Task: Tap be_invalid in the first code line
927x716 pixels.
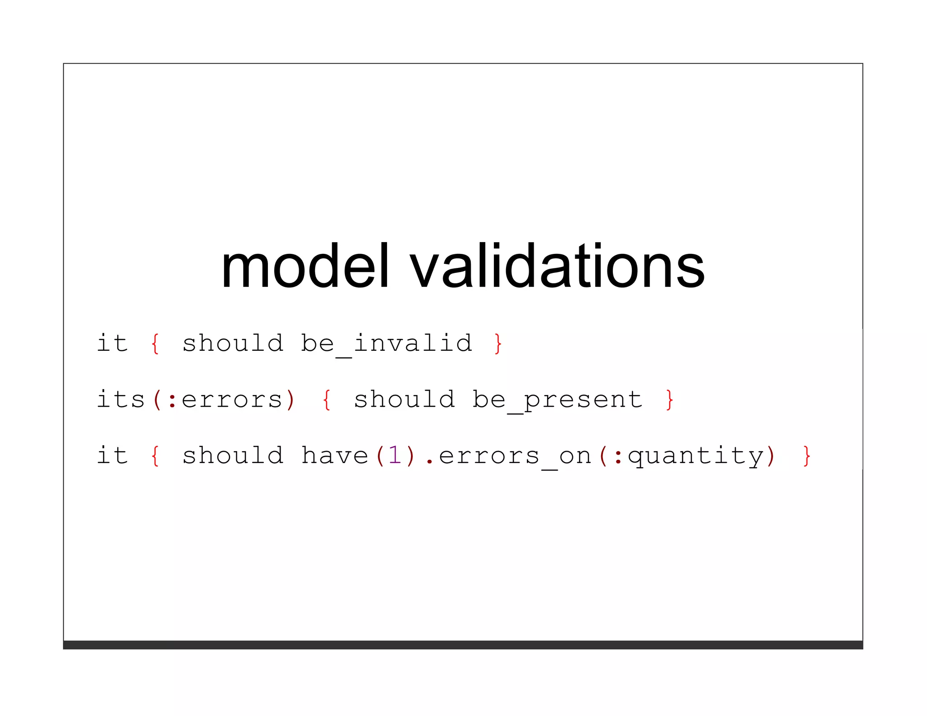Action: (387, 344)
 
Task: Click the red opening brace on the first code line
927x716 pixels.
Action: (155, 344)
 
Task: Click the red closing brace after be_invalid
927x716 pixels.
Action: (498, 344)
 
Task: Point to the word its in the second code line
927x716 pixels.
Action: (120, 399)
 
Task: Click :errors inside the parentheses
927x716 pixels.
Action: (225, 400)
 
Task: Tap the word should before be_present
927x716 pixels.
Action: (404, 399)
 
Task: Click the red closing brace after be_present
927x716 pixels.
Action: (669, 400)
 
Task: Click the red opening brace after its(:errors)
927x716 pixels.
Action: (326, 400)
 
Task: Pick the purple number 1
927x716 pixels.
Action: (395, 455)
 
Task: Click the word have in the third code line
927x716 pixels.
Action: (334, 455)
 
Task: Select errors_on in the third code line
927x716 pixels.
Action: (515, 456)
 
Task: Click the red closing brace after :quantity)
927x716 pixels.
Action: (807, 456)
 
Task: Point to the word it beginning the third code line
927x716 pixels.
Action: (112, 455)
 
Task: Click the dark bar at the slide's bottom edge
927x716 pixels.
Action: (463, 644)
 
